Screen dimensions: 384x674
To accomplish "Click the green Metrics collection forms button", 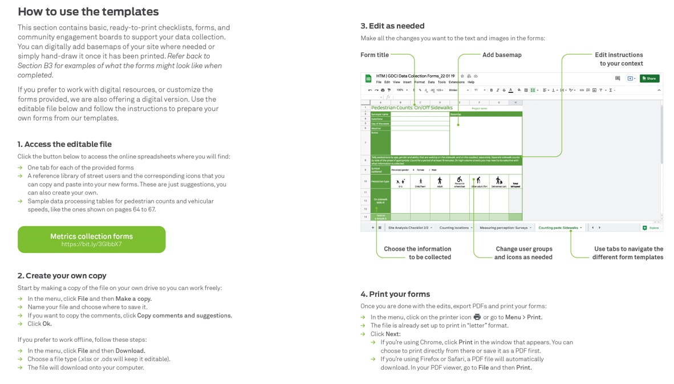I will point(91,240).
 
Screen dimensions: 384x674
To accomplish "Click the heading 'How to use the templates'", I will point(88,11).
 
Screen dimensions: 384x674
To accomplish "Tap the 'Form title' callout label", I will point(375,55).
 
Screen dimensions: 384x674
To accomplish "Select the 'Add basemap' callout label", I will point(502,55).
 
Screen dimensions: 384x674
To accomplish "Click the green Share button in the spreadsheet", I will point(649,79).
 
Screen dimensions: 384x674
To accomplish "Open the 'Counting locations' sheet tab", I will point(455,228).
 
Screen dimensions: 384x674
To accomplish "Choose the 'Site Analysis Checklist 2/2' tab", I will point(409,228).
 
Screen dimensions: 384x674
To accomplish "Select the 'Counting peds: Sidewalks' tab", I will point(559,228).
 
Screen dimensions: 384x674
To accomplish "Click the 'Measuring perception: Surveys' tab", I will point(505,228).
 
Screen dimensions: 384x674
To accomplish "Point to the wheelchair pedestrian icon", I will point(459,181).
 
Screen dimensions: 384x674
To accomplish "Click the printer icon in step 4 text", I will point(477,317).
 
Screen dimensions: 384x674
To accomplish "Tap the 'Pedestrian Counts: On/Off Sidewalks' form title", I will point(412,108).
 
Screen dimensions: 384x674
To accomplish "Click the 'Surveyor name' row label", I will point(380,115).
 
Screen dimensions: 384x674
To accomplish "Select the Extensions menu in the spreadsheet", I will point(456,82).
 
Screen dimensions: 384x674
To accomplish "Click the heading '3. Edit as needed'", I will point(392,26).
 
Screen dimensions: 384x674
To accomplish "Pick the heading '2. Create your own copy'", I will point(62,276).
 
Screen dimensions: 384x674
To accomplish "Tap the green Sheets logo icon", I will point(368,79).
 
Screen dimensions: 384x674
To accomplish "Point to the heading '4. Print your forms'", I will point(395,295).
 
